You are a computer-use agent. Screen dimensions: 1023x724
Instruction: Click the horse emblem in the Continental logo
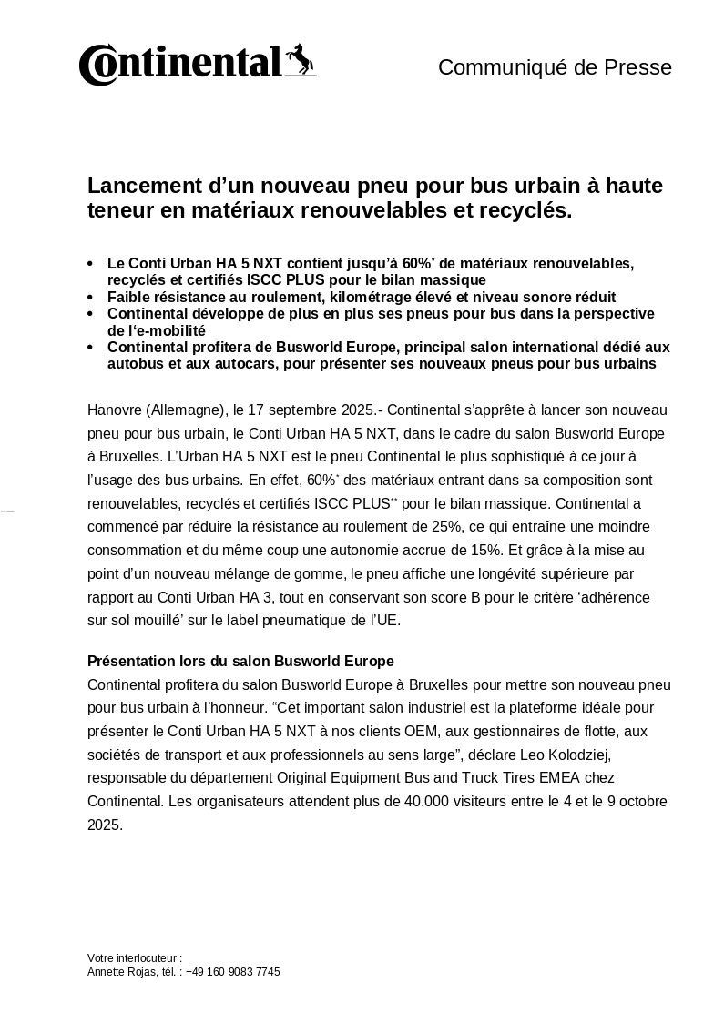(301, 60)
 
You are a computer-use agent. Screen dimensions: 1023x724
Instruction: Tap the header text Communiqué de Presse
(555, 67)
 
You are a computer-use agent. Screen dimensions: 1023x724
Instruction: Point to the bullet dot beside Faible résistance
(90, 298)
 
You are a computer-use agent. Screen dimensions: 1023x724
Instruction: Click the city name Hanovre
(115, 409)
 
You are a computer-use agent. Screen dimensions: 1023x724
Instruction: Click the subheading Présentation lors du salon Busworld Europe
(240, 661)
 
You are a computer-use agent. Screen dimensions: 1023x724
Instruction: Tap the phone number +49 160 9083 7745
(232, 972)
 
